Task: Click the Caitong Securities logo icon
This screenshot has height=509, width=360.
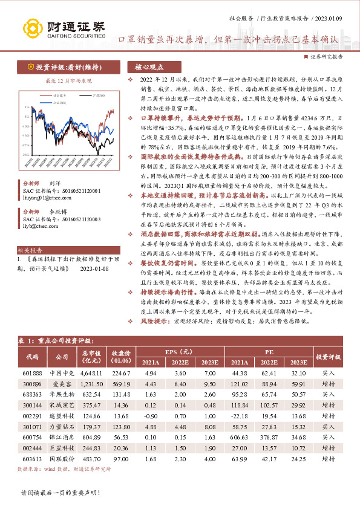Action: pos(31,28)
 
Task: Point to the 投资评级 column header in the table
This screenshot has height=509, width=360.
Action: pos(327,357)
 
